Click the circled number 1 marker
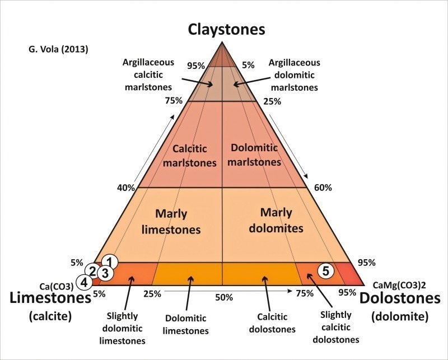tap(110, 261)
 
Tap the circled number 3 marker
tap(105, 273)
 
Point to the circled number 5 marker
tap(327, 271)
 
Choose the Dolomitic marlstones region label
tap(255, 155)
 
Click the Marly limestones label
tap(176, 221)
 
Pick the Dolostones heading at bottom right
tap(397, 298)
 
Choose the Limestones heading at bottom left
tap(50, 298)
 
